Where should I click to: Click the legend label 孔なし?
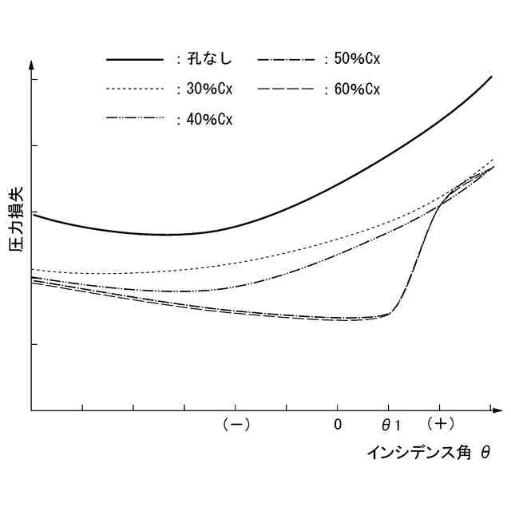(x=208, y=58)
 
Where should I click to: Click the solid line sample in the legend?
(x=135, y=59)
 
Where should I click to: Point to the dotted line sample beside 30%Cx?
(x=135, y=89)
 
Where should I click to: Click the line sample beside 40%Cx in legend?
(x=135, y=119)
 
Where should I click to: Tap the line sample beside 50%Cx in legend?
(x=287, y=59)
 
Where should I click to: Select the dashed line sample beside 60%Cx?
(x=287, y=89)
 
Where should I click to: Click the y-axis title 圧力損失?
(x=16, y=220)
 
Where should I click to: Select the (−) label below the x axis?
(x=236, y=424)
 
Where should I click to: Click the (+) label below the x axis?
(x=440, y=424)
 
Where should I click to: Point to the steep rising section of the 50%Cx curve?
(x=419, y=255)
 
